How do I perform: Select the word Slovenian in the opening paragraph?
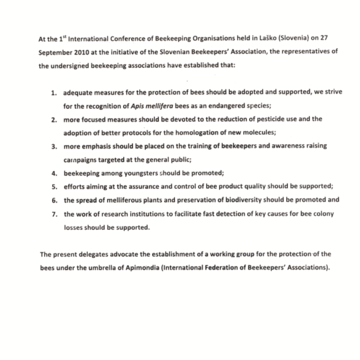(x=183, y=53)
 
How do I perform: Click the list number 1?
(x=54, y=93)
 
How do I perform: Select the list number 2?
(x=54, y=119)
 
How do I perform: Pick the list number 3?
(x=54, y=146)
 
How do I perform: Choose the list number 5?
(x=54, y=187)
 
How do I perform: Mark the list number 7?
(x=54, y=214)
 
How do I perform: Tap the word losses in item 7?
(x=74, y=227)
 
